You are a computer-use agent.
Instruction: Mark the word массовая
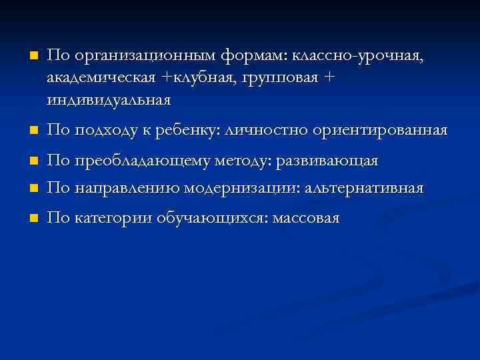click(x=306, y=218)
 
